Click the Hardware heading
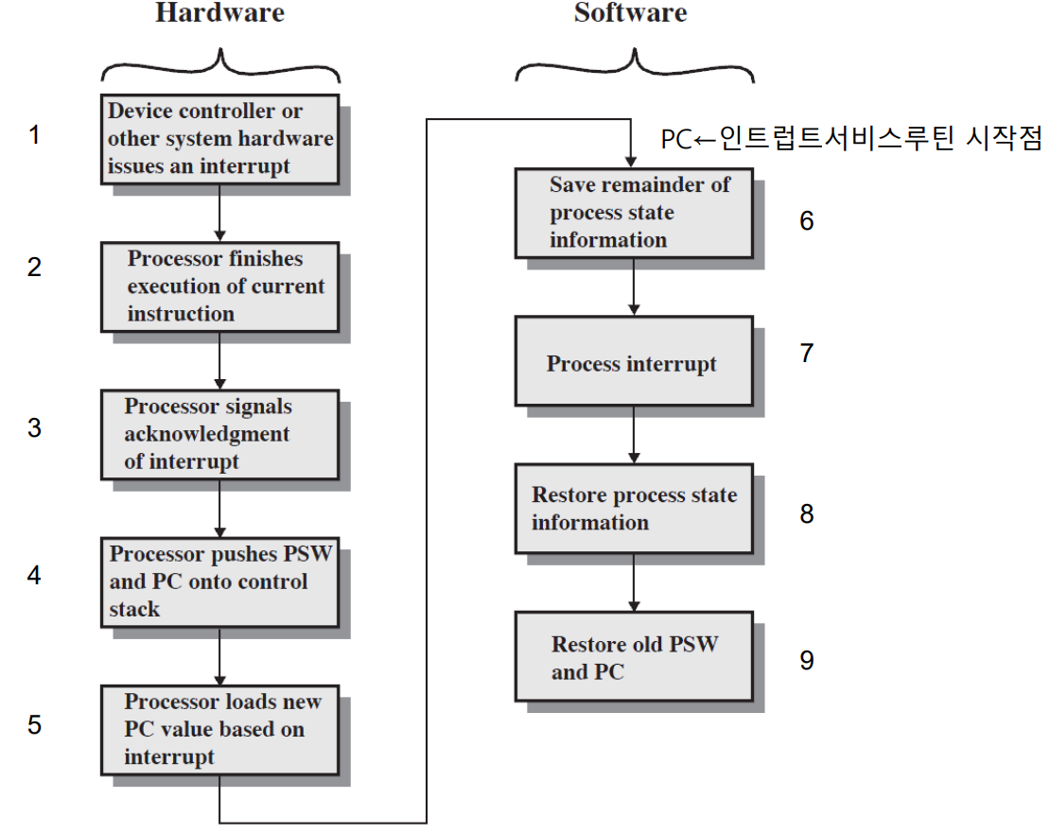point(219,13)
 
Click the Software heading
point(630,13)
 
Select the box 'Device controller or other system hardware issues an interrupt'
point(219,138)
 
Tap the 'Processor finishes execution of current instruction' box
point(219,286)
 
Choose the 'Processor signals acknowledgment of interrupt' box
point(219,434)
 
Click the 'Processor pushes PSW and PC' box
point(219,581)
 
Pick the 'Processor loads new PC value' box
point(219,729)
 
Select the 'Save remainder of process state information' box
point(633,212)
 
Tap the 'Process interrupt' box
point(633,364)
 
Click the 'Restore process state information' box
point(633,509)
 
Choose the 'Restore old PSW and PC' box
point(633,657)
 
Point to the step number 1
point(35,135)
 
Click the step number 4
point(35,575)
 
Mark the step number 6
point(806,220)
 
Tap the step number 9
point(806,659)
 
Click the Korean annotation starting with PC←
point(850,140)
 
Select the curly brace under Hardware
point(219,66)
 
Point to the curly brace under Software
point(633,66)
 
